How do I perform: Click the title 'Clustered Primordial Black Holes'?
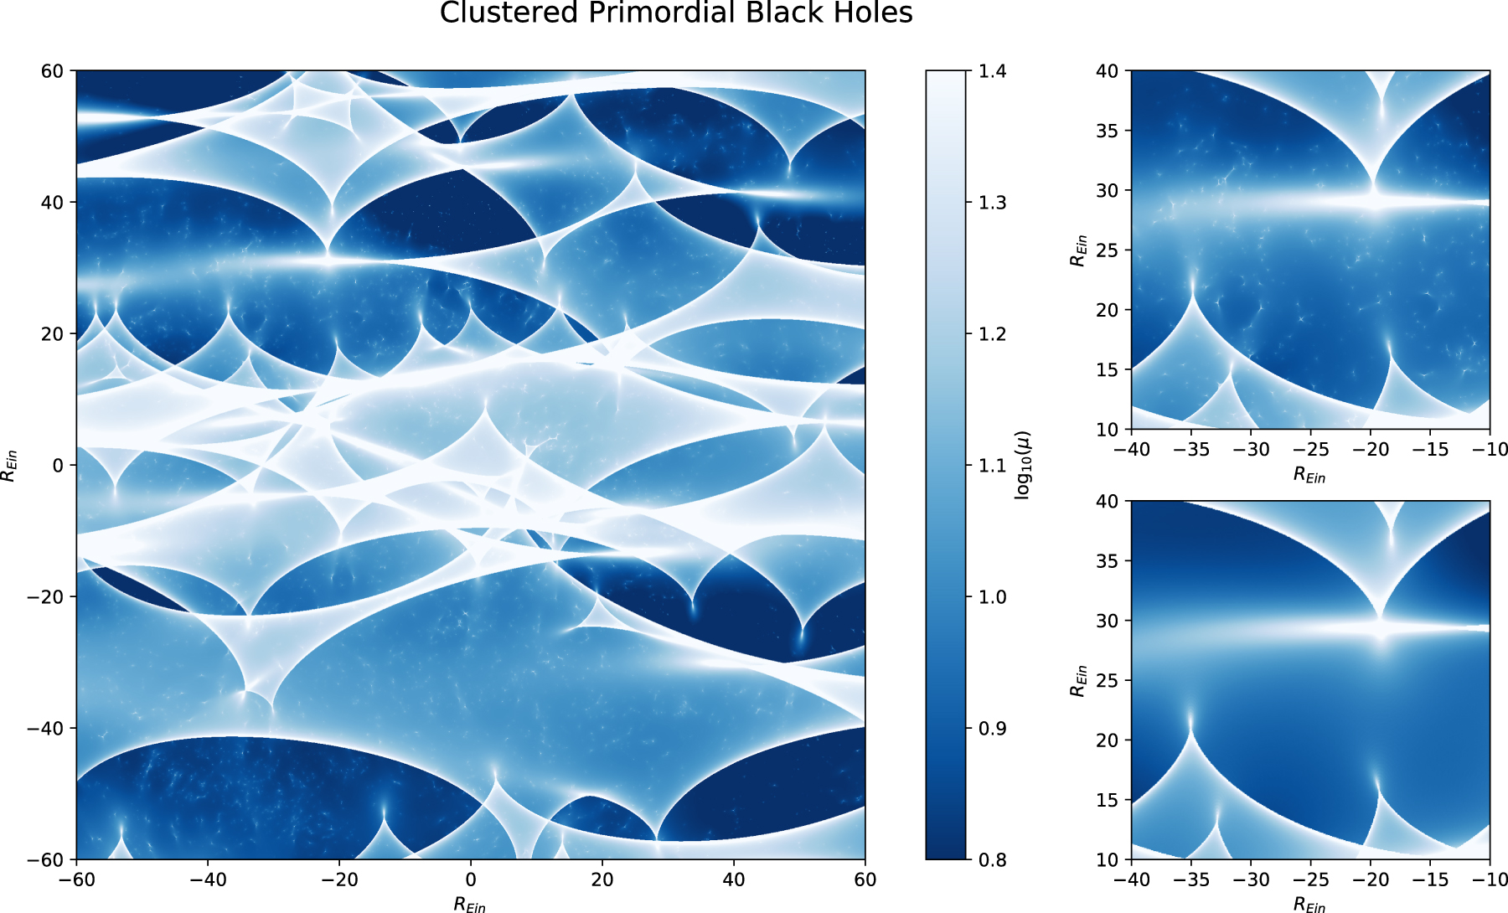tap(675, 13)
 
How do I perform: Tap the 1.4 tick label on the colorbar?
tap(993, 71)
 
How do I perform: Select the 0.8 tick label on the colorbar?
tap(993, 859)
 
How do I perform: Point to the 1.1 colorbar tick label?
tap(993, 466)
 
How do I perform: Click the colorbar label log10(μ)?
tap(1023, 466)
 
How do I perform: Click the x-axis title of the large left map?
tap(470, 904)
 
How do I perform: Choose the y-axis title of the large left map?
tap(9, 466)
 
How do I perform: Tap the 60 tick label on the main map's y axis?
tap(52, 71)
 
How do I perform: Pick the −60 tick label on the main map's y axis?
tap(45, 859)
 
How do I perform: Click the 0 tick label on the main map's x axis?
tap(471, 879)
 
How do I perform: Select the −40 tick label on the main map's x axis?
tap(208, 879)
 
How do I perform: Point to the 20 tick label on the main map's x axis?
tap(602, 879)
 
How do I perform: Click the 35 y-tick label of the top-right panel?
tap(1108, 131)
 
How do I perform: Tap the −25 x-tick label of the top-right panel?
tap(1311, 450)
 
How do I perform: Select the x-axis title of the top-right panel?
tap(1310, 475)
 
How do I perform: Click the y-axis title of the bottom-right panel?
tap(1078, 680)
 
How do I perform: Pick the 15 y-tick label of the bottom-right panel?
tap(1108, 800)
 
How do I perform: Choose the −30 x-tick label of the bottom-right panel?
tap(1251, 879)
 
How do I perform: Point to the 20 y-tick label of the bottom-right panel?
tap(1108, 740)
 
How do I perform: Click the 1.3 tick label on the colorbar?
tap(993, 203)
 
